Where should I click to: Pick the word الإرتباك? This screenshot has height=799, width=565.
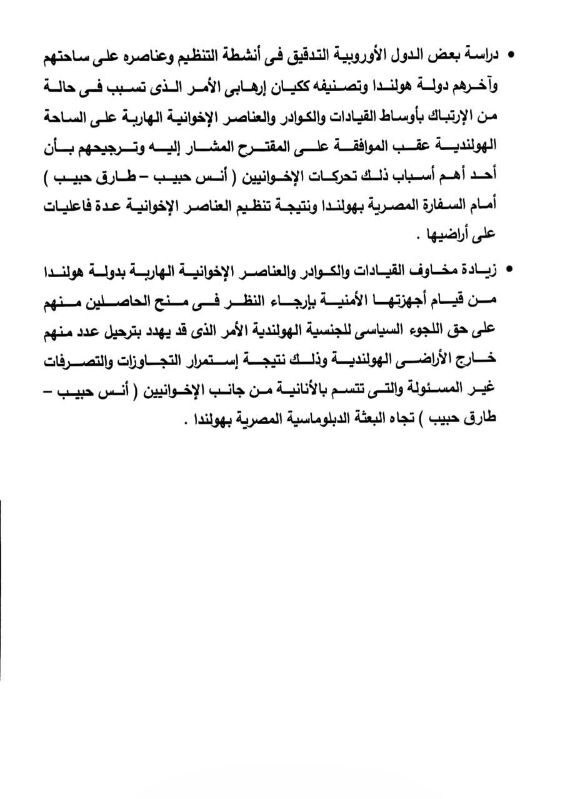click(440, 117)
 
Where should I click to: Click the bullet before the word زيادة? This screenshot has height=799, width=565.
click(511, 270)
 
